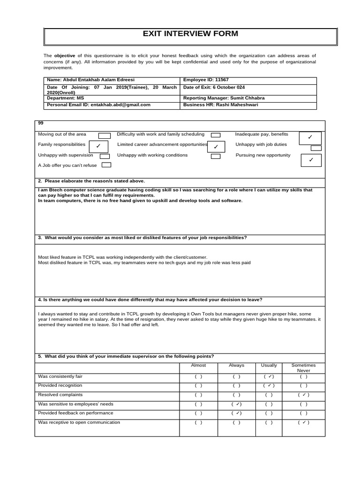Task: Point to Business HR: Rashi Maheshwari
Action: pyautogui.click(x=220, y=105)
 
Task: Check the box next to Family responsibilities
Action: pyautogui.click(x=98, y=146)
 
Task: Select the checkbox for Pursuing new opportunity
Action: pyautogui.click(x=311, y=160)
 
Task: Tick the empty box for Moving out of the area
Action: pyautogui.click(x=105, y=135)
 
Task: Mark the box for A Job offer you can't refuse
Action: pyautogui.click(x=106, y=165)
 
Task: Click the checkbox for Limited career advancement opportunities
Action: pyautogui.click(x=216, y=147)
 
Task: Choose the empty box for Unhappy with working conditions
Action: pyautogui.click(x=216, y=156)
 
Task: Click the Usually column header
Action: pyautogui.click(x=269, y=365)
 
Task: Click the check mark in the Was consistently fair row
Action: pyautogui.click(x=269, y=376)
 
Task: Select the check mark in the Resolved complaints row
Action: pyautogui.click(x=304, y=395)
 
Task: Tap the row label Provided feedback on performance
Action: pyautogui.click(x=75, y=412)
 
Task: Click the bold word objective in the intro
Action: pyautogui.click(x=65, y=55)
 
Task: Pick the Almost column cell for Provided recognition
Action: pyautogui.click(x=198, y=386)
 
